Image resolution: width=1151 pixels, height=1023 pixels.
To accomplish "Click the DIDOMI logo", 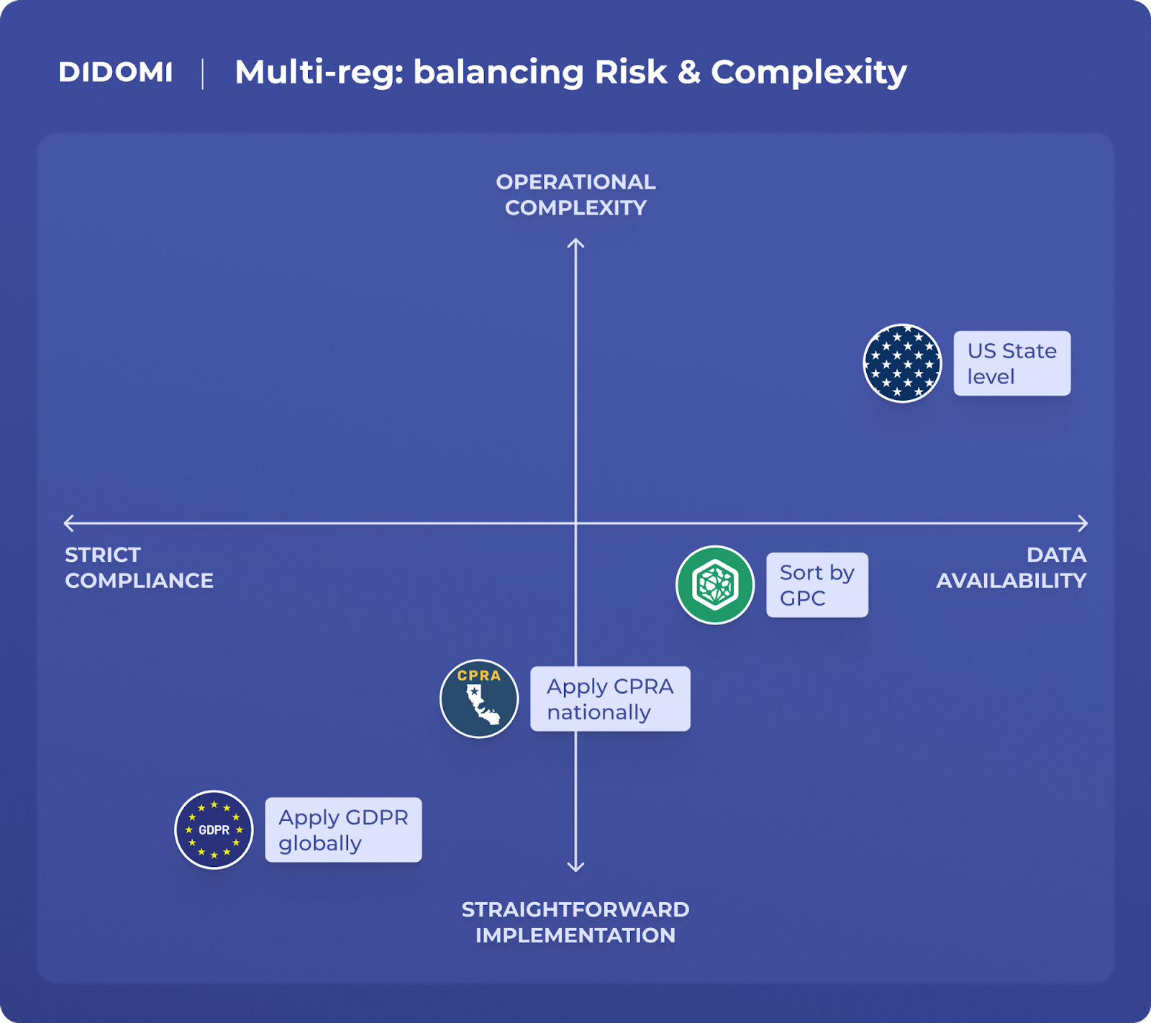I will point(115,73).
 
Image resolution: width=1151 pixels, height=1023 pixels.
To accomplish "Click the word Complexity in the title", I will point(809,73).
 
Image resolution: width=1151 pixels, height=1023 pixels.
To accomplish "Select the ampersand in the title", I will point(688,73).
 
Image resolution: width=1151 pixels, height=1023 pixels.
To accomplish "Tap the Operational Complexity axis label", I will point(575,195).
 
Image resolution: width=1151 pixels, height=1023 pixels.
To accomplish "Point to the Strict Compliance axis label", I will point(139,568).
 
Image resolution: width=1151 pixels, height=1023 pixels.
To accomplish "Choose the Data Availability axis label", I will point(1011,568).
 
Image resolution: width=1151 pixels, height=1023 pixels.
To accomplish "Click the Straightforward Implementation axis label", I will point(575,922).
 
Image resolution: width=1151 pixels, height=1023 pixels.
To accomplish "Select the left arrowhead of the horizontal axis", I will point(68,523).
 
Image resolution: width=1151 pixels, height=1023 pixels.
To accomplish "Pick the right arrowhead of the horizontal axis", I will point(1083,523).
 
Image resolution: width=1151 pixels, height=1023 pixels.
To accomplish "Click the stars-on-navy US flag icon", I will point(902,363).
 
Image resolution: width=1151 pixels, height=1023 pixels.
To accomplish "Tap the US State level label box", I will point(1011,363).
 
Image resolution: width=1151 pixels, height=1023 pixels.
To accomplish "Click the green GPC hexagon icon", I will point(715,585).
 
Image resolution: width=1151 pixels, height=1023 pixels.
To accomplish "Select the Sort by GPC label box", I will point(816,585).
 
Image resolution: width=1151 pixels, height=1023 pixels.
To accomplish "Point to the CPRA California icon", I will point(479,699).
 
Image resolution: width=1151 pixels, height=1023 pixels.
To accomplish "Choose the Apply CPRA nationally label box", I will point(610,699).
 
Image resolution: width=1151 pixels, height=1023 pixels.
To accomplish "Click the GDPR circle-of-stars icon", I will point(214,829).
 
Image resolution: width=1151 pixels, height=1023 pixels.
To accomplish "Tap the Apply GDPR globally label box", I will point(343,829).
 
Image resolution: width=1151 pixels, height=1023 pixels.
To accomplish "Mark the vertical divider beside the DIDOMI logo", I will point(203,74).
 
